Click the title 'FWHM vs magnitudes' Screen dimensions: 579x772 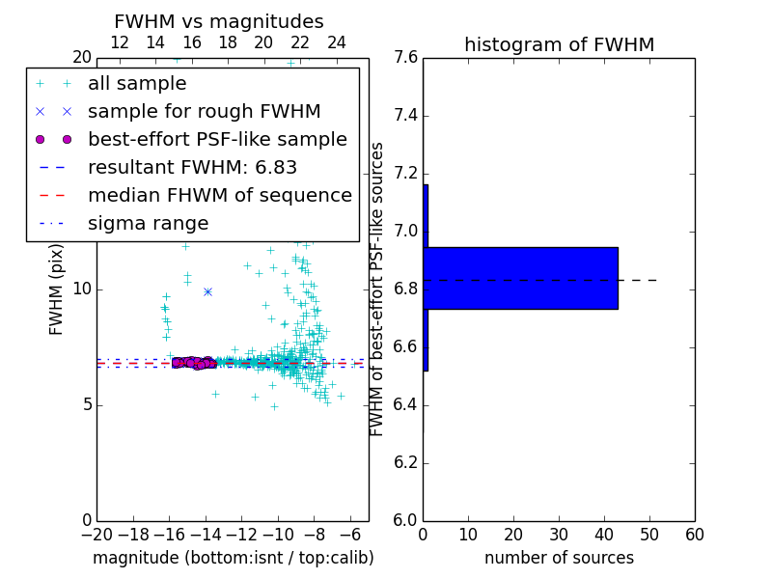[218, 21]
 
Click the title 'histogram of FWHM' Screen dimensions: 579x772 [559, 44]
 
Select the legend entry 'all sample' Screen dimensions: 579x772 [137, 84]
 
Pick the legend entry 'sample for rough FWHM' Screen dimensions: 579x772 [204, 111]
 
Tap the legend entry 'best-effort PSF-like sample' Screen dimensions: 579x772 [217, 139]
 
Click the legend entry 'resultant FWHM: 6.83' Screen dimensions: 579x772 [192, 167]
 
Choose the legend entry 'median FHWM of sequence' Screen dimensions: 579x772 [219, 195]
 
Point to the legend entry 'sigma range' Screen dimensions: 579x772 [148, 223]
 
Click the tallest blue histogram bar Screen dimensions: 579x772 [520, 278]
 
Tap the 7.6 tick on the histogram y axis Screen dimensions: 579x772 [406, 58]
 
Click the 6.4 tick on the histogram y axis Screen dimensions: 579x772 [406, 404]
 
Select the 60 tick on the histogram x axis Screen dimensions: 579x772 [694, 535]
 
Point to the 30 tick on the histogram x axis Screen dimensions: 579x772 [559, 535]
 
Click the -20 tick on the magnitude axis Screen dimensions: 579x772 [96, 535]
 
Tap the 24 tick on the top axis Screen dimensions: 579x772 [336, 42]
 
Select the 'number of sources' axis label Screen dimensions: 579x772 [559, 558]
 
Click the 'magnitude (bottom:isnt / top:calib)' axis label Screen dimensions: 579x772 [233, 558]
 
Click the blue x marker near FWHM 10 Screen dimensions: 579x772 [207, 290]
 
